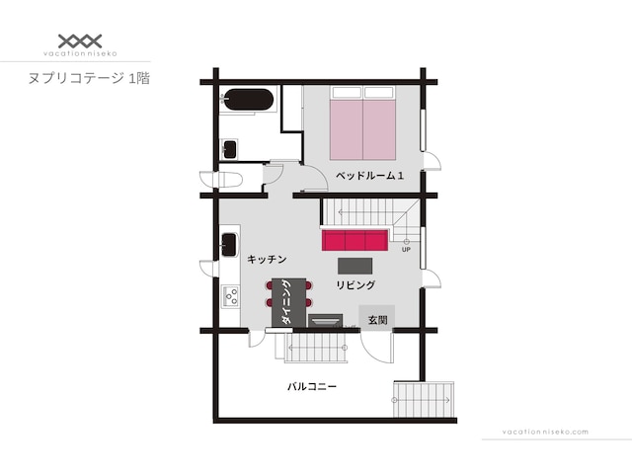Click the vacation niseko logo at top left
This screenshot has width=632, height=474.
click(x=80, y=45)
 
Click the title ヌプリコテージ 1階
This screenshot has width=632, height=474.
click(x=89, y=78)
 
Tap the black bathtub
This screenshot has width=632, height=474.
click(x=248, y=100)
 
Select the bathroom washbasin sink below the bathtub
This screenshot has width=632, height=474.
click(x=230, y=149)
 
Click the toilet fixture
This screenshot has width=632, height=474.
click(x=221, y=180)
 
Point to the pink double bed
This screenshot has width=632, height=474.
click(x=362, y=123)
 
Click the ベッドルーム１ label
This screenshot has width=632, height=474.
click(x=369, y=176)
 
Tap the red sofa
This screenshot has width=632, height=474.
click(x=355, y=240)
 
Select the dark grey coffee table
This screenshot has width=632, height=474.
click(x=355, y=266)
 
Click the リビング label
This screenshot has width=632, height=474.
click(x=355, y=285)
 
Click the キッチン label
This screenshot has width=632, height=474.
click(x=267, y=259)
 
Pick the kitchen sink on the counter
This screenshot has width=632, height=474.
click(x=229, y=244)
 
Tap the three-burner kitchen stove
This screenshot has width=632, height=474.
click(x=231, y=296)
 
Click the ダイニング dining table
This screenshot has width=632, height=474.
click(x=289, y=302)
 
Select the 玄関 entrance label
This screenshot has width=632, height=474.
click(x=377, y=320)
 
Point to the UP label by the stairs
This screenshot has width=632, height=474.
click(x=406, y=250)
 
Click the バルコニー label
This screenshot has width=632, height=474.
click(x=312, y=386)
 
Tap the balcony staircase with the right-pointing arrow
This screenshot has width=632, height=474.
click(x=424, y=399)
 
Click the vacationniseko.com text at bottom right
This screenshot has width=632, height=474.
click(x=545, y=432)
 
